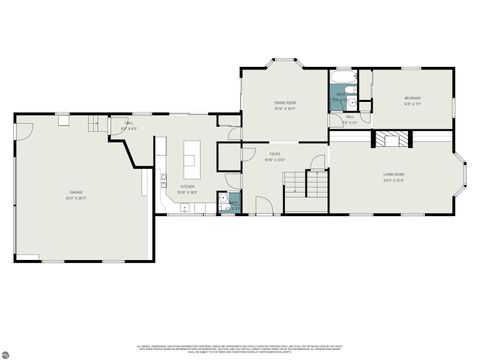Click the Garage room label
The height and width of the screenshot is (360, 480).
76,194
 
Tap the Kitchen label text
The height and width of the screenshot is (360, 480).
187,188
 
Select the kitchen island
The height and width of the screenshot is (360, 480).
190,157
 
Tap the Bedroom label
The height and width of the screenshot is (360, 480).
412,100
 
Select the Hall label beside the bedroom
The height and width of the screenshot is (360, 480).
350,120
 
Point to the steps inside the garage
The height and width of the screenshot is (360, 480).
95,124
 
